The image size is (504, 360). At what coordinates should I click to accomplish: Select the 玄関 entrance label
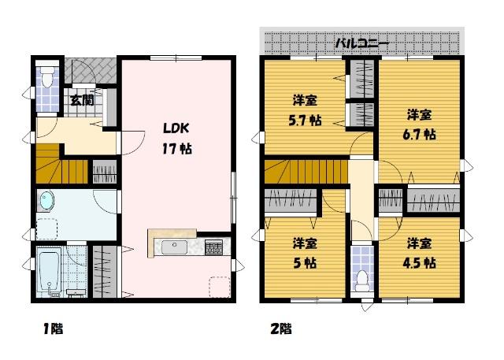coord(82,100)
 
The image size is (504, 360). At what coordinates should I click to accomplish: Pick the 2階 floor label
coord(280,328)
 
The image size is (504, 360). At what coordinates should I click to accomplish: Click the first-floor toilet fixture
coord(48,79)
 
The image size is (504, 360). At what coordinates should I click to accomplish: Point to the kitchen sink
coord(176,248)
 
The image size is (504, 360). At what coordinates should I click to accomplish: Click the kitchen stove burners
coord(213,248)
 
